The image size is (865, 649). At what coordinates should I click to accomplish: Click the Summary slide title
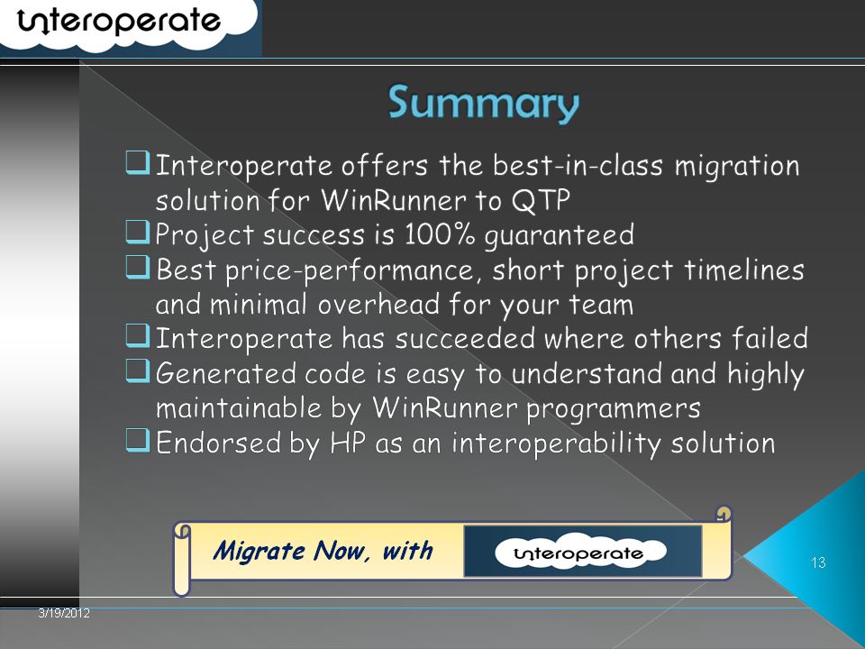tap(484, 104)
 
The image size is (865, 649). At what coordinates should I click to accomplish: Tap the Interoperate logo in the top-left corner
tap(119, 22)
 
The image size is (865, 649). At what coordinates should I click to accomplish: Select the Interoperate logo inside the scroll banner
tap(580, 552)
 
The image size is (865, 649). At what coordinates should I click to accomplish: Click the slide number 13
tap(818, 562)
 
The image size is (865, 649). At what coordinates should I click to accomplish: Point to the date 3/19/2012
tap(64, 613)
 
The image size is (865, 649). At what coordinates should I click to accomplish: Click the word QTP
tap(541, 200)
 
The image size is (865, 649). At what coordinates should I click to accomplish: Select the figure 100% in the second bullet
tap(439, 234)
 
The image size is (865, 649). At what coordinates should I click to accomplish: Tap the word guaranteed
tap(560, 235)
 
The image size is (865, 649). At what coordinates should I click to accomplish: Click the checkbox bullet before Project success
tap(137, 232)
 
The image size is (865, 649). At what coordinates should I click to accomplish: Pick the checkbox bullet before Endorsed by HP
tap(137, 441)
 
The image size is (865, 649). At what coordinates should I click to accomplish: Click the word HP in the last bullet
tap(348, 443)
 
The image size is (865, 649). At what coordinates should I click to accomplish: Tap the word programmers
tap(613, 409)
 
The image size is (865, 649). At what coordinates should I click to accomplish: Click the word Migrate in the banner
tap(259, 551)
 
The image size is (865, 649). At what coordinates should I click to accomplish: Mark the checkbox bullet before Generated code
tap(137, 370)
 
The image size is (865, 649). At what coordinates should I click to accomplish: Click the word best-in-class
tap(578, 165)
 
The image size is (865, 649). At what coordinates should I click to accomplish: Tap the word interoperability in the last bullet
tap(556, 443)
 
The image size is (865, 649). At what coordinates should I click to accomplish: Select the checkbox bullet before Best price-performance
tap(137, 267)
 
